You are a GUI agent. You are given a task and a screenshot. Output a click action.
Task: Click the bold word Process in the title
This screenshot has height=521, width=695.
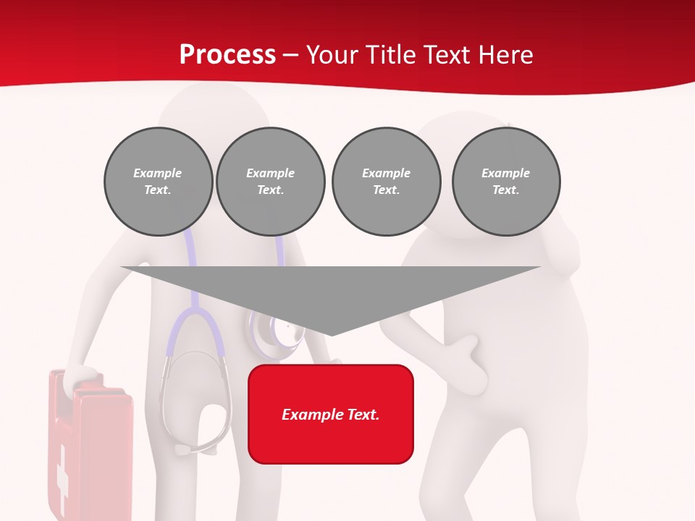tap(227, 54)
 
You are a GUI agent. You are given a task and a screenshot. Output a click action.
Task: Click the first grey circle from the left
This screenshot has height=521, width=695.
tap(158, 182)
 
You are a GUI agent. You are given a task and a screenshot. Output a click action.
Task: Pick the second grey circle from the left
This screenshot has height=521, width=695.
tap(270, 182)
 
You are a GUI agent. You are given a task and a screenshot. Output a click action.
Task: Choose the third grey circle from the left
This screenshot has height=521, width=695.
tap(386, 182)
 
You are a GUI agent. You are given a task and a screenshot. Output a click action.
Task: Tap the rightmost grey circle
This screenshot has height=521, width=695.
tap(506, 182)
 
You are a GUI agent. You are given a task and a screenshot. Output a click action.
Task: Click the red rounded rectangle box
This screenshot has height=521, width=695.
tap(331, 414)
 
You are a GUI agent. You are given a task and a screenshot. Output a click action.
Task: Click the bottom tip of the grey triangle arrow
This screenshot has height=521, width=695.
tap(331, 334)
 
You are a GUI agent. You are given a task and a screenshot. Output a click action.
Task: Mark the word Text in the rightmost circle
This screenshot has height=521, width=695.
tap(505, 190)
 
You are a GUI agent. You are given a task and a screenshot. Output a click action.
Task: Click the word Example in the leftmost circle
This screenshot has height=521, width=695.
tap(158, 173)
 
